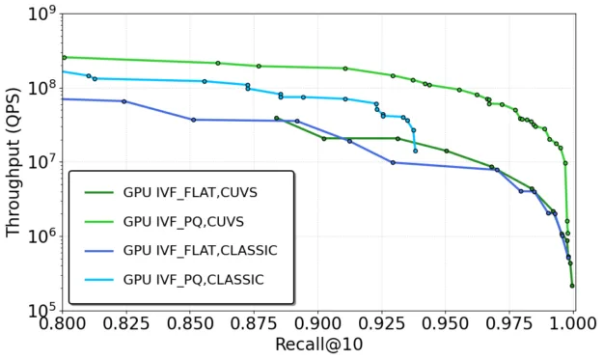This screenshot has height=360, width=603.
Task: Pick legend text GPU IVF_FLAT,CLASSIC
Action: coord(200,250)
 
